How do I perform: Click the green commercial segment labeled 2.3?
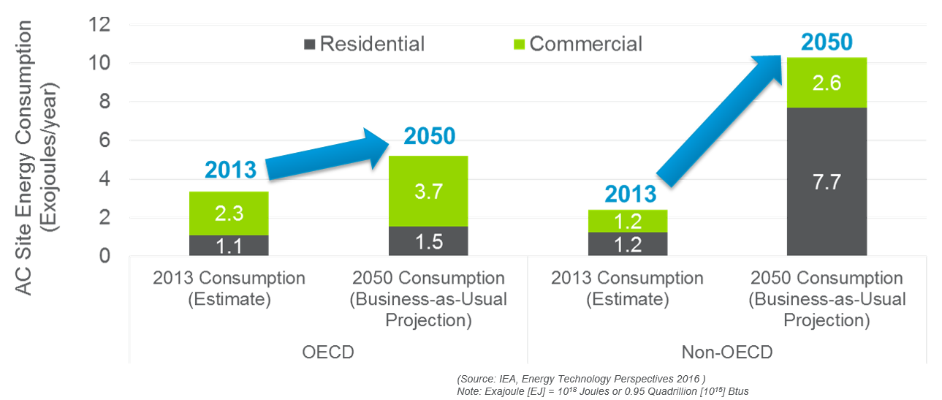tap(229, 214)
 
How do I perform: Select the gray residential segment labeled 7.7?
tap(827, 181)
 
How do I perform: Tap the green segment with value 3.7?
tap(428, 192)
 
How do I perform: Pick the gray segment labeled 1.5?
tap(428, 241)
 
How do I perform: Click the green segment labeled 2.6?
tap(827, 83)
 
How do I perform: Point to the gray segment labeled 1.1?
tap(229, 246)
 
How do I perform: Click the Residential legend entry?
tap(363, 44)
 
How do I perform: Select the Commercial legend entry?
tap(577, 44)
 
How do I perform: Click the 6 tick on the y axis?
tap(103, 141)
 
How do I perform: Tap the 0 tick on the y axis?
tap(103, 257)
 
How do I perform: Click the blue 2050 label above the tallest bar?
tap(827, 42)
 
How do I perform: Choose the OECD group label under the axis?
tap(328, 352)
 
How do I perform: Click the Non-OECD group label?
tap(726, 352)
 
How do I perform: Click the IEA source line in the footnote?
tap(581, 379)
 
